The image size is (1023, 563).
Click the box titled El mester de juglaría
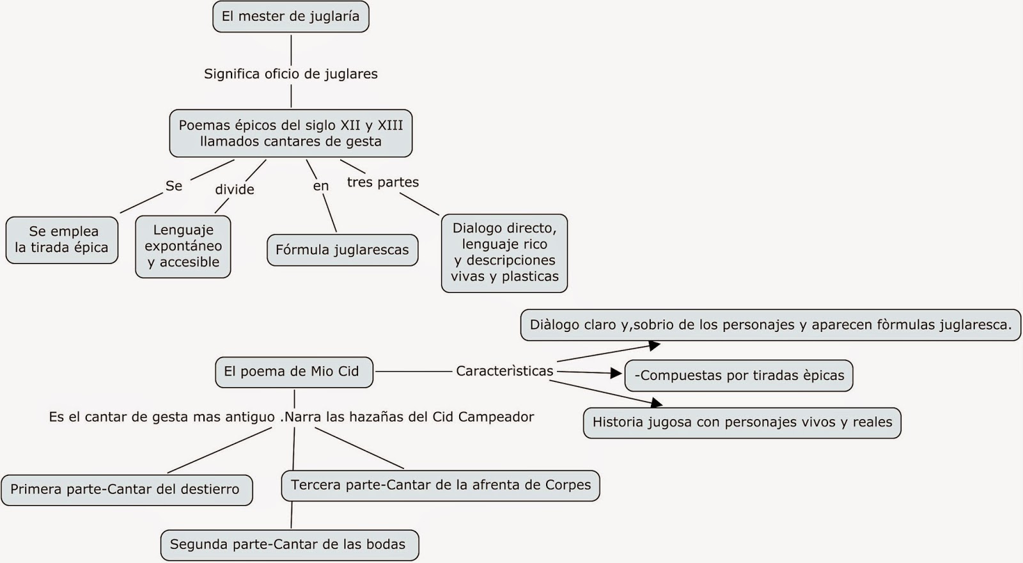[x=290, y=17]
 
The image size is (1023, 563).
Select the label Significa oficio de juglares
[x=290, y=74]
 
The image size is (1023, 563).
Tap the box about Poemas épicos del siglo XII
[x=290, y=133]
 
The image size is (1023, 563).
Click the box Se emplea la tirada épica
[x=62, y=240]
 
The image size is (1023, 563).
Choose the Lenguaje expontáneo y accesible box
[x=183, y=246]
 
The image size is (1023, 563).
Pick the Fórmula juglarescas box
[x=342, y=250]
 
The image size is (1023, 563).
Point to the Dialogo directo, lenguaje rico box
[x=504, y=253]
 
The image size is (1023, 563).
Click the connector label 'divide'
[x=235, y=189]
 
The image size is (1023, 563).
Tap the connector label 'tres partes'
[x=382, y=182]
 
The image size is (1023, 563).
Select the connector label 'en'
[x=321, y=186]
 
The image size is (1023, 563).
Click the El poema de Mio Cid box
[x=293, y=372]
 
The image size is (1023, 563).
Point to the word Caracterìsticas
[x=504, y=371]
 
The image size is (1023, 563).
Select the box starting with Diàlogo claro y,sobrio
[x=770, y=325]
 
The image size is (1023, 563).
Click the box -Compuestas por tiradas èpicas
[x=738, y=376]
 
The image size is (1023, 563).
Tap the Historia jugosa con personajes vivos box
[x=742, y=422]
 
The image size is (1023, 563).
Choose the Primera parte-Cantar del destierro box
[x=126, y=490]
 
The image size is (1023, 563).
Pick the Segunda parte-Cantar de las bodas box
[x=289, y=545]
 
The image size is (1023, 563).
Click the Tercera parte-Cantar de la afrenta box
[x=441, y=486]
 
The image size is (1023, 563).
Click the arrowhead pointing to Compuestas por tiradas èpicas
[x=616, y=374]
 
